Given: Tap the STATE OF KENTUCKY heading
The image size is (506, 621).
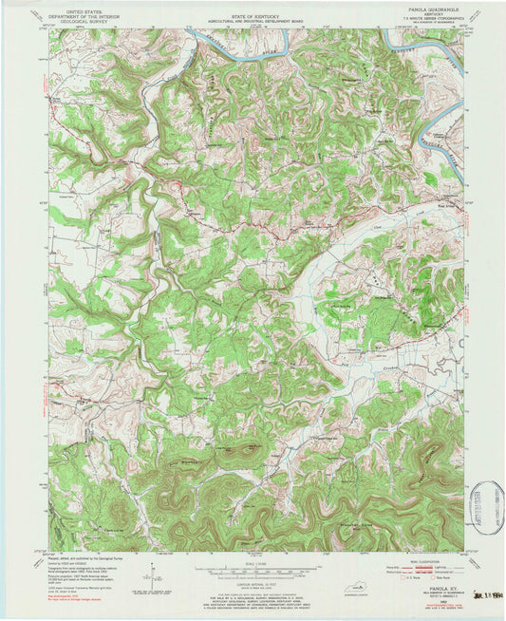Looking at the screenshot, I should (253, 8).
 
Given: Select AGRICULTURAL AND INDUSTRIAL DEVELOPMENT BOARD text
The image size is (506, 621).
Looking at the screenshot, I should (253, 13).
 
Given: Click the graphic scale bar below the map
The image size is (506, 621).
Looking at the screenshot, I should (253, 571).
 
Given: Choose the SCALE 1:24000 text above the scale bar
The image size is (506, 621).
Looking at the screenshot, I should (253, 561).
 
